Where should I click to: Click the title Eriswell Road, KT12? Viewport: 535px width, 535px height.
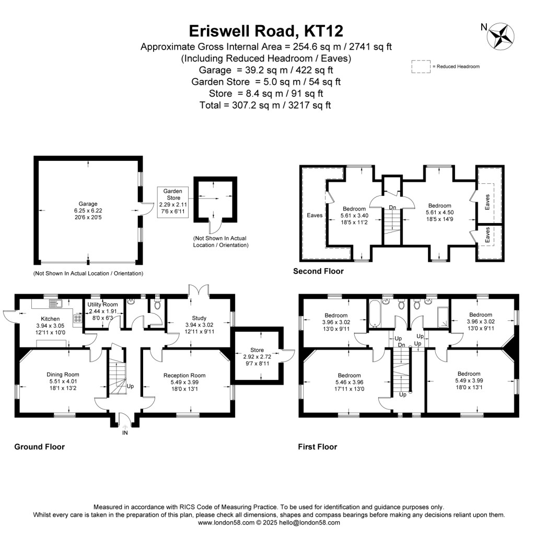tap(266, 31)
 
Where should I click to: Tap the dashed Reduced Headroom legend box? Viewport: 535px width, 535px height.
tap(420, 66)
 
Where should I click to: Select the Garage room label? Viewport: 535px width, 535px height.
tap(88, 204)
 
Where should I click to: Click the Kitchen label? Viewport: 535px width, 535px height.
tap(51, 319)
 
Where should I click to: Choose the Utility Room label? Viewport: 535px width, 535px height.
tap(103, 304)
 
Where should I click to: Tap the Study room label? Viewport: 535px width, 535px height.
tap(199, 318)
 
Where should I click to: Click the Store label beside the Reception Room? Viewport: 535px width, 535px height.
tap(257, 350)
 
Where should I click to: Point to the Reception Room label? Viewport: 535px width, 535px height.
tap(184, 375)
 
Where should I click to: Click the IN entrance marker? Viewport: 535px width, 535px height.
tap(125, 433)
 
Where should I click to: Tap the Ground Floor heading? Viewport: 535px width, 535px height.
tap(39, 447)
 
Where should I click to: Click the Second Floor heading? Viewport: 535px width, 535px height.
tap(318, 271)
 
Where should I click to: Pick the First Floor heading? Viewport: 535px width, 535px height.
tap(317, 447)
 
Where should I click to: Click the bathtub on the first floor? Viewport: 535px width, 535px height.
tap(376, 312)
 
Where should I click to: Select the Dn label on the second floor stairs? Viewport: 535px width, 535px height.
tap(392, 207)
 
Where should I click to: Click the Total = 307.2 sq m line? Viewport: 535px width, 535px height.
tap(265, 105)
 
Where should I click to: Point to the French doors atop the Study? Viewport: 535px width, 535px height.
tap(200, 290)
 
